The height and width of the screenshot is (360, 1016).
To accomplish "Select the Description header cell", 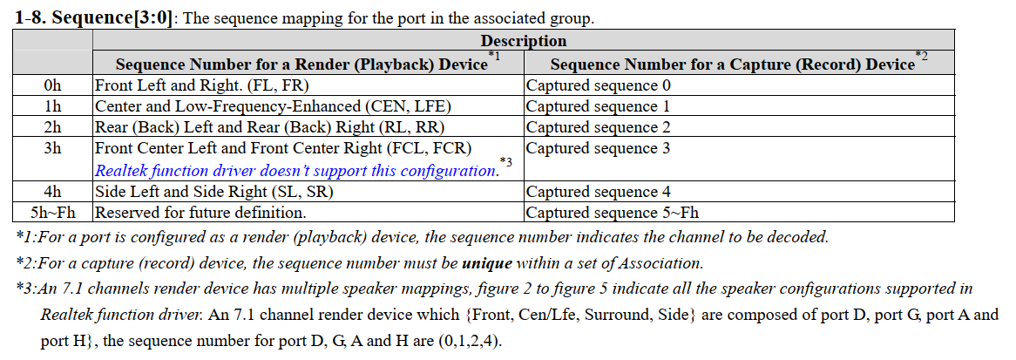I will coord(523,41).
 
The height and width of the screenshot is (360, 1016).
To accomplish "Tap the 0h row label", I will coord(52,85).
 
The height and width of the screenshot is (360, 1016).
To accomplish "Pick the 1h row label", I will coord(52,106).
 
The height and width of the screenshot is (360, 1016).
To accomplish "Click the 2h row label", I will coord(52,127).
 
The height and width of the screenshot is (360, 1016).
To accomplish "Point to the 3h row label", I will coord(52,148).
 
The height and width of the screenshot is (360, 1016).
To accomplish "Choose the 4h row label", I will coord(52,192).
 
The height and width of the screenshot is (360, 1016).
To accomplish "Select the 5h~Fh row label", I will coord(52,212).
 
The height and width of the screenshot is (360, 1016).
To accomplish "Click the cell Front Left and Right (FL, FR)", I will coord(202,85).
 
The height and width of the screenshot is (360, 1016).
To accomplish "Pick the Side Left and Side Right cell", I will coord(214,192).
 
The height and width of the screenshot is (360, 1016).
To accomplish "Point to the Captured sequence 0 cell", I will coord(598,85).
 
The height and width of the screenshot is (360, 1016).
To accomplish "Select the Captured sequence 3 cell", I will coord(598,148).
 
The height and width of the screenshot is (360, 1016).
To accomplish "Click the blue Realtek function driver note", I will coord(295,171).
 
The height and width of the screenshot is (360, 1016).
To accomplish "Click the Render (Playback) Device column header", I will coord(301,65).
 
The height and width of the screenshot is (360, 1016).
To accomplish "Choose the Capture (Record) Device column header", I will coord(732,65).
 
